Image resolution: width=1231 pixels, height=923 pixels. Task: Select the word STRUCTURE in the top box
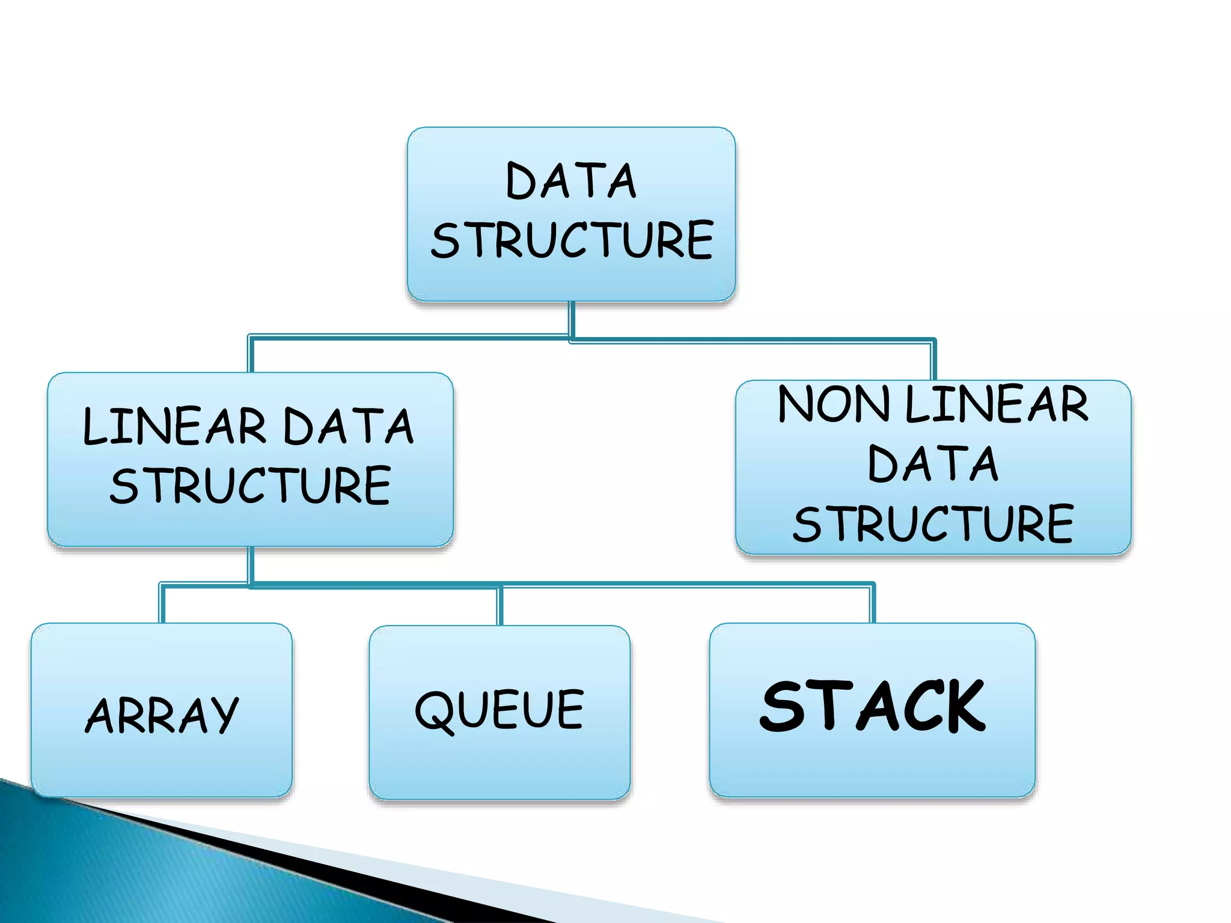(x=572, y=240)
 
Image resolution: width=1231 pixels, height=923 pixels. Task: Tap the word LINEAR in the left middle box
(x=174, y=427)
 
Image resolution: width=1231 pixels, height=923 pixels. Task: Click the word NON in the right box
(x=832, y=404)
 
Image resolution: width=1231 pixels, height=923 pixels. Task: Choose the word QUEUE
(x=499, y=711)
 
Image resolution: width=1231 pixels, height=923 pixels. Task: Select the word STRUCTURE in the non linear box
(x=933, y=524)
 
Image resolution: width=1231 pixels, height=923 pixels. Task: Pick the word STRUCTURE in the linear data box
(x=250, y=486)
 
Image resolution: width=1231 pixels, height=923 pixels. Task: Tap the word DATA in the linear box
(x=348, y=427)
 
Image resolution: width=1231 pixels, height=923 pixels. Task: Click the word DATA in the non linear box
(x=933, y=464)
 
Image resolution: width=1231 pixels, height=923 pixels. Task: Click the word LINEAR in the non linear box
(x=996, y=404)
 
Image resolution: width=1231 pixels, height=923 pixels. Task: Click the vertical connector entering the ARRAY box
(x=162, y=603)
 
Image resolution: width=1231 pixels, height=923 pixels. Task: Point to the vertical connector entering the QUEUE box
(x=499, y=606)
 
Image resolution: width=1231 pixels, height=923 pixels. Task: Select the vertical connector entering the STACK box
(x=872, y=603)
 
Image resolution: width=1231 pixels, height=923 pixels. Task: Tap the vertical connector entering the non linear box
(x=933, y=361)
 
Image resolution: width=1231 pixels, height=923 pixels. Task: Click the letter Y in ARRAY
(x=221, y=716)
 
